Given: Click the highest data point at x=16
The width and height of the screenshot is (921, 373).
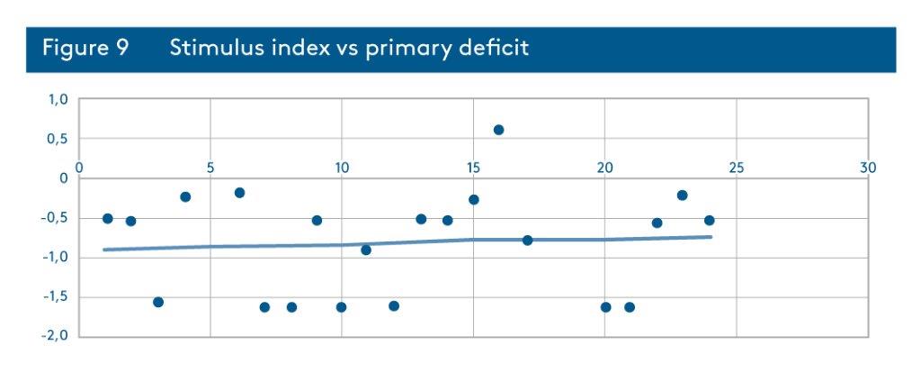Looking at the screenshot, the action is (x=498, y=130).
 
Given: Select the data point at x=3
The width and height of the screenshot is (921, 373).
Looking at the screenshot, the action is (x=158, y=302).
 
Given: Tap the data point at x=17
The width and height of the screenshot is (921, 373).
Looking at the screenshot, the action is (x=527, y=240).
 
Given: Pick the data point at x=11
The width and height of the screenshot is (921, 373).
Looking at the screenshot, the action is (x=366, y=250).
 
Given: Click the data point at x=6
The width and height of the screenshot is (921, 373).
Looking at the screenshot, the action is (x=239, y=193).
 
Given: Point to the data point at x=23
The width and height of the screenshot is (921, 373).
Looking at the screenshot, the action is (x=682, y=196).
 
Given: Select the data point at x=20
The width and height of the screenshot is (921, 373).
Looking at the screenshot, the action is (x=606, y=307).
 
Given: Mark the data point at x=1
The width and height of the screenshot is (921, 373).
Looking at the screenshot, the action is (x=108, y=218).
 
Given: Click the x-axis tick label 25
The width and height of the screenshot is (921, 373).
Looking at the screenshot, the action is (x=736, y=168).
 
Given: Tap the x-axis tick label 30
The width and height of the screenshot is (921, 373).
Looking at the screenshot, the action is (x=868, y=168).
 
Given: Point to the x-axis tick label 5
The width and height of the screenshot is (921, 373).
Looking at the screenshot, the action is (x=210, y=168).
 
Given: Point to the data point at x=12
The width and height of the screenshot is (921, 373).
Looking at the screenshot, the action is (x=394, y=306).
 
